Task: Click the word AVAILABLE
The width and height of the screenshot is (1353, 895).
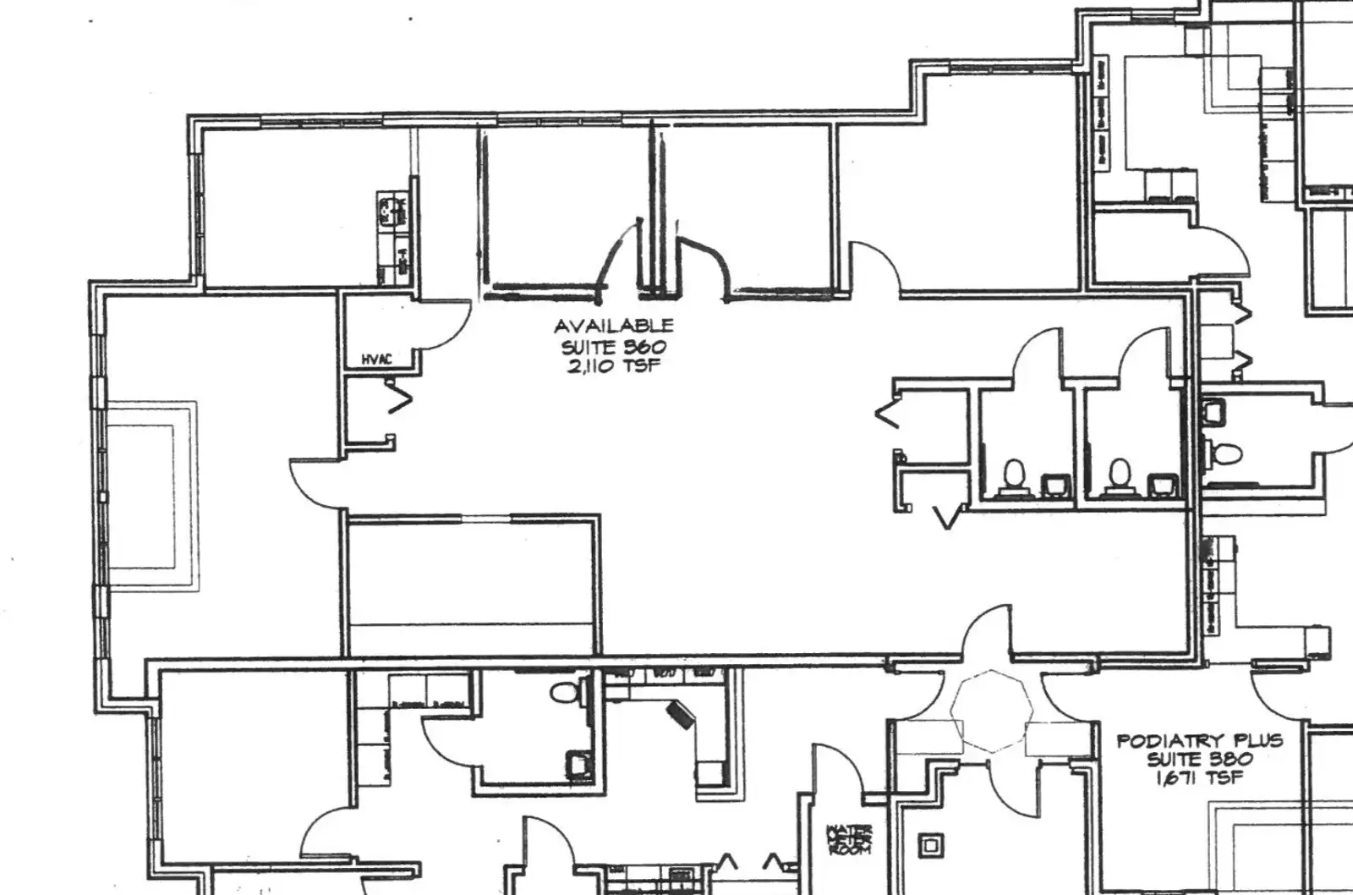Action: pyautogui.click(x=614, y=326)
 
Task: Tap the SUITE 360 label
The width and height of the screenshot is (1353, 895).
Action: pyautogui.click(x=614, y=347)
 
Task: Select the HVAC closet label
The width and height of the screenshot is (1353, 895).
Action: pyautogui.click(x=378, y=360)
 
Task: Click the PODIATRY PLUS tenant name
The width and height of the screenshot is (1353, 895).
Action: pyautogui.click(x=1199, y=741)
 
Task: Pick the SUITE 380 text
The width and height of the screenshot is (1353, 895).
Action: pyautogui.click(x=1199, y=760)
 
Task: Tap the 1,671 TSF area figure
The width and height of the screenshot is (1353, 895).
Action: pyautogui.click(x=1199, y=778)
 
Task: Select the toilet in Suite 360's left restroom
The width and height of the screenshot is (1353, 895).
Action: pyautogui.click(x=1011, y=475)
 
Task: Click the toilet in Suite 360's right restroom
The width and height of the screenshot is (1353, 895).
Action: pyautogui.click(x=1119, y=475)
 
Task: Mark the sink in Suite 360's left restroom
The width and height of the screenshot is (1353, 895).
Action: pyautogui.click(x=1054, y=485)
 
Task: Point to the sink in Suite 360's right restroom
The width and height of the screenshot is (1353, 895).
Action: pyautogui.click(x=1159, y=485)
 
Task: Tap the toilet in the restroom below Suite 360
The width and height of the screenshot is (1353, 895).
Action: pyautogui.click(x=563, y=693)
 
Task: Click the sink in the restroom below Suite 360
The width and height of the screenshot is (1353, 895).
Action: pyautogui.click(x=578, y=764)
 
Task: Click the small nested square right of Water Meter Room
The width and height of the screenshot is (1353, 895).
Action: pyautogui.click(x=931, y=844)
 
